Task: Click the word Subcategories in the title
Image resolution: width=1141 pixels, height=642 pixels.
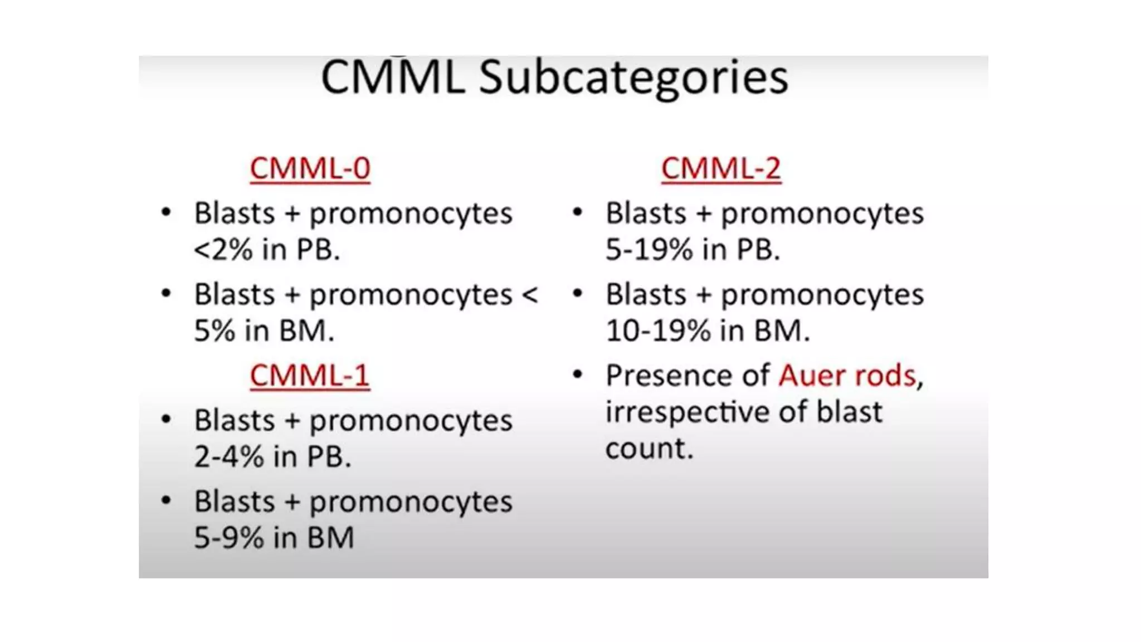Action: click(633, 77)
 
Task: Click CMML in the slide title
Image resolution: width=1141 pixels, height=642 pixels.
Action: click(393, 77)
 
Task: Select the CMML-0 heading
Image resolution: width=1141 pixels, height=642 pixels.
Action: click(310, 168)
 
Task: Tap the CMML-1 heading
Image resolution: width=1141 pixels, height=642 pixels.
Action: click(310, 375)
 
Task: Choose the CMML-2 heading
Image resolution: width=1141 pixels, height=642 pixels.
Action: click(721, 168)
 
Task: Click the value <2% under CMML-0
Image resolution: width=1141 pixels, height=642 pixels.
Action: click(223, 250)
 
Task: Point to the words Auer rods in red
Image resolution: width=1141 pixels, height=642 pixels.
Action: click(847, 376)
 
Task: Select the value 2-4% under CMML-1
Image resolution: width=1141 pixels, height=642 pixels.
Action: click(229, 457)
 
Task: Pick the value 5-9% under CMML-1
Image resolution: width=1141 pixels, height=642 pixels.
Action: click(229, 538)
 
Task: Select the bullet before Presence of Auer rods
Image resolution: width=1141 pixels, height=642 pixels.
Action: click(578, 374)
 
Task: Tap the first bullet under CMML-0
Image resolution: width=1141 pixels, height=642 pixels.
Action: click(166, 212)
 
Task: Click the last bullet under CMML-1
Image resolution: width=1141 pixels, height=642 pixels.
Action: click(166, 500)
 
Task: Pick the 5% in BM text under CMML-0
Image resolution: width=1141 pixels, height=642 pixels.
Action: click(264, 331)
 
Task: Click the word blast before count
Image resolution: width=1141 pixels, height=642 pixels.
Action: click(849, 412)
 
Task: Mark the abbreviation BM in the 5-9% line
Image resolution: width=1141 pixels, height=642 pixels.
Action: click(330, 538)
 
